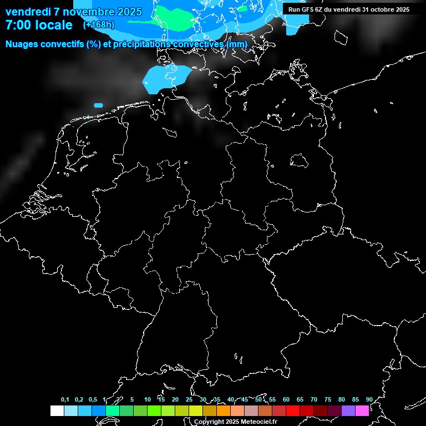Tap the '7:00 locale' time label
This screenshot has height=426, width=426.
point(39,25)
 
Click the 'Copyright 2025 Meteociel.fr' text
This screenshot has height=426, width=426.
point(235,422)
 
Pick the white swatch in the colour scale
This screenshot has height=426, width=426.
point(57,411)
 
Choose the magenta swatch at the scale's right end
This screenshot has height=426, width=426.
point(362,411)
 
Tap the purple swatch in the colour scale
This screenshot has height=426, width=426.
point(348,411)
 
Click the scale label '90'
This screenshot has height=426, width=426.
point(369,399)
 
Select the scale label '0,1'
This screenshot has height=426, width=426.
point(65,399)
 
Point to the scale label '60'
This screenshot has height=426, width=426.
point(286,399)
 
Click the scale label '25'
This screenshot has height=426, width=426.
point(189,399)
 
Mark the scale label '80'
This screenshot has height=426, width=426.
point(341,399)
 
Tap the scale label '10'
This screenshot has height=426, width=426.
point(147,399)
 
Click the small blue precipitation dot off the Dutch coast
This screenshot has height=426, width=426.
point(99,105)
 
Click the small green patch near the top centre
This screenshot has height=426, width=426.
point(242,8)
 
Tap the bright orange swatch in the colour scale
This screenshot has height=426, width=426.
point(223,411)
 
